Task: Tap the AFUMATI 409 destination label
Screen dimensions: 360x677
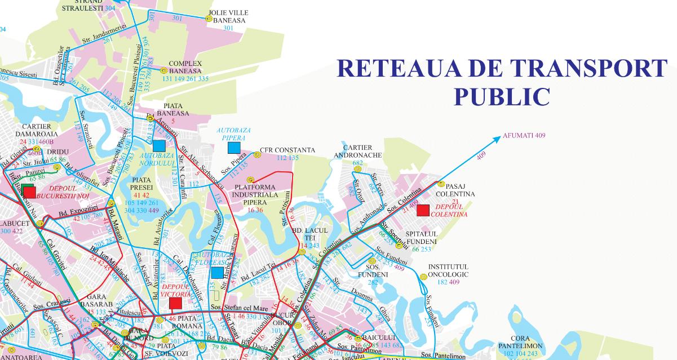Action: point(524,135)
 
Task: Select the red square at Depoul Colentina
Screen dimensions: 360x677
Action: point(423,210)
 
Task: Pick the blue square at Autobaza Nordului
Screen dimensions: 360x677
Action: point(159,145)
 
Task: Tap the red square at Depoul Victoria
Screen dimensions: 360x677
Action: point(175,303)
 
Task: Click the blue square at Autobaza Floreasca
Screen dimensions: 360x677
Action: point(216,273)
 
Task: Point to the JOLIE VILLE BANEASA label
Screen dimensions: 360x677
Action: point(228,16)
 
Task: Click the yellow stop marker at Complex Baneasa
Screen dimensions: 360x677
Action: point(163,71)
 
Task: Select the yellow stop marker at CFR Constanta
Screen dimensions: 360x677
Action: point(255,151)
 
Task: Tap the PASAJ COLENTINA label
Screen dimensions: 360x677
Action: point(460,189)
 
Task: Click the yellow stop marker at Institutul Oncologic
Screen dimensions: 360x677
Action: point(423,277)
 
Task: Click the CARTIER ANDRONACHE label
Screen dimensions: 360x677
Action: point(358,151)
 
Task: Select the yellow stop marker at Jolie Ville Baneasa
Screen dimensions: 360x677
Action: point(209,19)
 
